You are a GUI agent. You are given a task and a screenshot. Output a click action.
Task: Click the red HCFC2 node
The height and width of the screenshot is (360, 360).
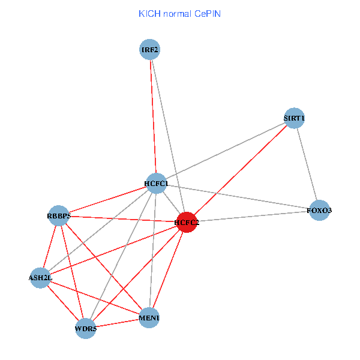pyautogui.click(x=187, y=222)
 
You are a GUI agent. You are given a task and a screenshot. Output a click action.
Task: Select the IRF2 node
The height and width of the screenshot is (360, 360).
pyautogui.click(x=149, y=49)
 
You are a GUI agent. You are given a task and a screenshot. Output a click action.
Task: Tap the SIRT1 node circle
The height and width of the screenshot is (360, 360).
pyautogui.click(x=295, y=118)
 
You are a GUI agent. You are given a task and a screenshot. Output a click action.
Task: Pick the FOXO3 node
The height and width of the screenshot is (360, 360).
pyautogui.click(x=319, y=211)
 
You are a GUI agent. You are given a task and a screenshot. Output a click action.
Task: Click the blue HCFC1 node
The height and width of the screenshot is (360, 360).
pyautogui.click(x=156, y=183)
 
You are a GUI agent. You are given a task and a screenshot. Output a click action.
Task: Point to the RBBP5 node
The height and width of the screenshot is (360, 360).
pyautogui.click(x=59, y=215)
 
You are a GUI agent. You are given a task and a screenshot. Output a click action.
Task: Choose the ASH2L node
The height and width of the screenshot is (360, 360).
pyautogui.click(x=40, y=278)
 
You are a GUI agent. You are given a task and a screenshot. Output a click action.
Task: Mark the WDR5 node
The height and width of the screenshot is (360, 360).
pyautogui.click(x=85, y=328)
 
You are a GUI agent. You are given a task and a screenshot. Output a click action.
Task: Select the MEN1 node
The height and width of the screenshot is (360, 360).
pyautogui.click(x=149, y=317)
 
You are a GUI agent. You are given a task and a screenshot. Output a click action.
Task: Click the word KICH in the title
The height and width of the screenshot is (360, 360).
pyautogui.click(x=149, y=13)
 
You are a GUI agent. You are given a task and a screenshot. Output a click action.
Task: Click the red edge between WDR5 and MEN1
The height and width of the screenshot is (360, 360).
pyautogui.click(x=117, y=323)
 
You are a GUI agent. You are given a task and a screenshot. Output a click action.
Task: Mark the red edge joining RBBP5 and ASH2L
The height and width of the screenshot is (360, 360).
pyautogui.click(x=50, y=247)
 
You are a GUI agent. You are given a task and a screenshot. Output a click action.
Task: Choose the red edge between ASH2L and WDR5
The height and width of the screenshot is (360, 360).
pyautogui.click(x=62, y=302)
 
